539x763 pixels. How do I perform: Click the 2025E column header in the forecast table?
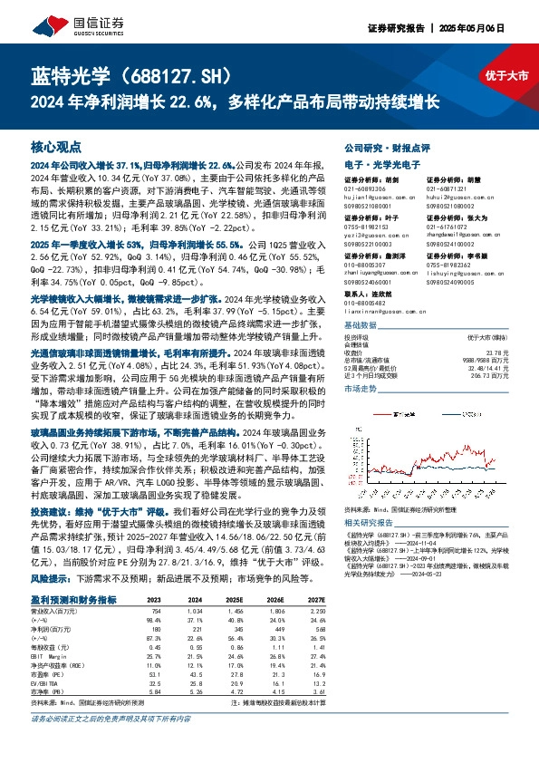pos(236,599)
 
